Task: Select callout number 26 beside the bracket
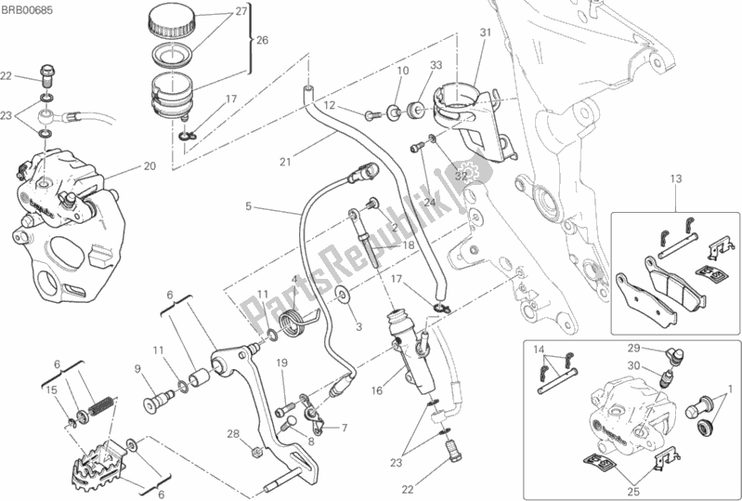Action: (262, 41)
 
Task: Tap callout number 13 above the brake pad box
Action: (676, 179)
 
